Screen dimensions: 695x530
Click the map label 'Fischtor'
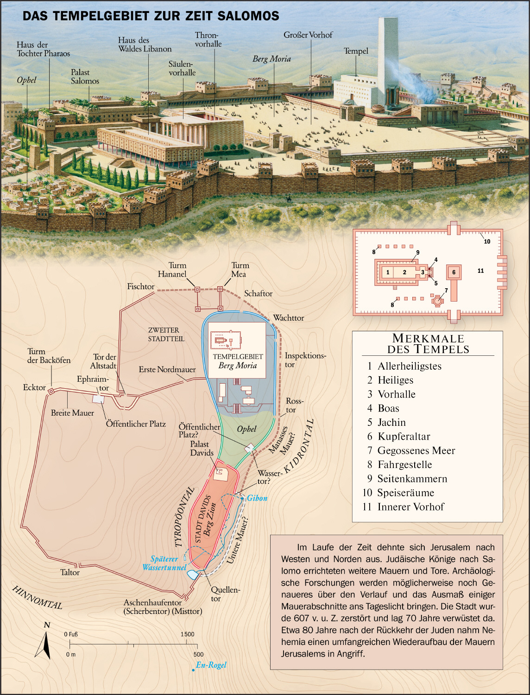tap(141, 287)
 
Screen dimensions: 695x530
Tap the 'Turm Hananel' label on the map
tap(172, 270)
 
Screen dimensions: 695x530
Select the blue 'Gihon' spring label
tap(257, 499)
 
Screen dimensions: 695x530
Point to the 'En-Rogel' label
tap(211, 665)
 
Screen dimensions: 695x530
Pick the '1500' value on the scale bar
tap(187, 634)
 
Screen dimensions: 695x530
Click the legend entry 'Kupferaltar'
tap(404, 436)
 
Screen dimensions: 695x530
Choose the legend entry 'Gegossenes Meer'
tap(416, 450)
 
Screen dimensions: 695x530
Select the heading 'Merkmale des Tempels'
tap(428, 344)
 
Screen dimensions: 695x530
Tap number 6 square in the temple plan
tap(454, 272)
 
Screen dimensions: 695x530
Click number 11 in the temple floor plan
tap(480, 271)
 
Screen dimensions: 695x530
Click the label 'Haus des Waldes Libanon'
tap(145, 44)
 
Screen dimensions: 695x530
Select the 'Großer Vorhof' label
tap(308, 35)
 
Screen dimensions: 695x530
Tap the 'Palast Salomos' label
tap(85, 76)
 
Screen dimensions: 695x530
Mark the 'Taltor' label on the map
tap(70, 573)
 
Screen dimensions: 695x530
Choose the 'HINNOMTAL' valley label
tap(37, 597)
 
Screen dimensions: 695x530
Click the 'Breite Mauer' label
tap(72, 413)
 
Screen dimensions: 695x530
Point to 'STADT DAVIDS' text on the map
tap(203, 519)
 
